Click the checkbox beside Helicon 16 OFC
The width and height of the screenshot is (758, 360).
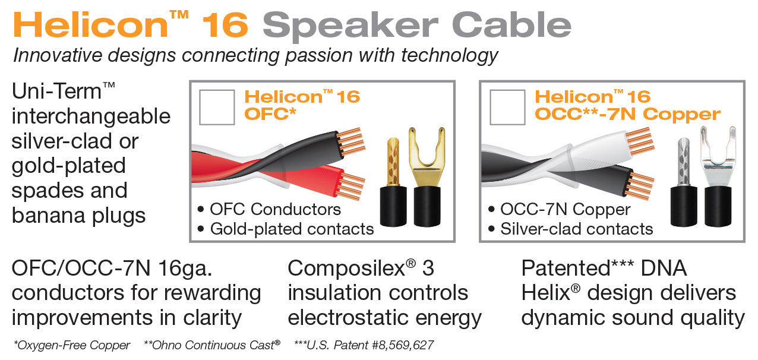coord(217,108)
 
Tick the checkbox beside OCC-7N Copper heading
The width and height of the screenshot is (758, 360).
coord(507,108)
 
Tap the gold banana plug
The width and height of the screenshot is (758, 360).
coord(393,182)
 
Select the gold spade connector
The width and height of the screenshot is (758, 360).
coord(427,176)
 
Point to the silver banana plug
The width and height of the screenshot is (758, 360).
coord(684,182)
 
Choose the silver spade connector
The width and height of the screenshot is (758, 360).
coord(718,176)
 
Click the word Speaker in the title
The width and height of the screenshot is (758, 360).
coord(350,26)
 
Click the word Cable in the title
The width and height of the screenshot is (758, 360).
coord(511,24)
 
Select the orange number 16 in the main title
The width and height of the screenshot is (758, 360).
coord(225,25)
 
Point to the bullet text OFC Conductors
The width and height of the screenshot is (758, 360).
coord(275,209)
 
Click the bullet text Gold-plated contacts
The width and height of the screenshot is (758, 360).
coord(292,229)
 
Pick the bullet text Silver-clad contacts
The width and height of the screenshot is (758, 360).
coord(577,229)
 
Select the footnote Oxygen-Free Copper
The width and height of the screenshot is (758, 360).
coord(72,345)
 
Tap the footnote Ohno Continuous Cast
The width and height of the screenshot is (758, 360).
coord(212,345)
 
